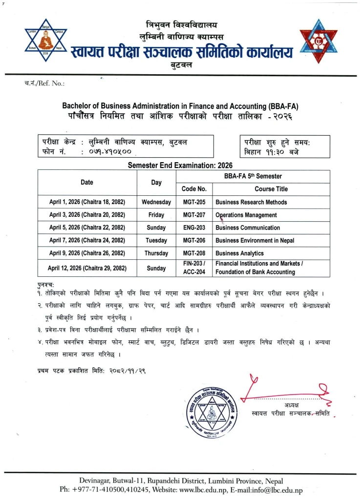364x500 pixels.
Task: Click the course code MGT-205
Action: [x=194, y=202]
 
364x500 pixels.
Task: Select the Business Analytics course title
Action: [x=239, y=253]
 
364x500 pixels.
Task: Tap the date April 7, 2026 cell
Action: [x=87, y=241]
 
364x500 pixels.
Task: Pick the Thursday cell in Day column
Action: [x=156, y=253]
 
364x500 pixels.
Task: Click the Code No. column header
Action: [x=194, y=189]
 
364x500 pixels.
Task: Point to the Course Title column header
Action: [x=271, y=189]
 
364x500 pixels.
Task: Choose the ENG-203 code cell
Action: [x=194, y=228]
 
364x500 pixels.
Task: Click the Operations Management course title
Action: [x=246, y=215]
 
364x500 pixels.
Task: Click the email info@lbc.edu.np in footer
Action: [x=278, y=489]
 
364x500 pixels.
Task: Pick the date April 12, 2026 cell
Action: [x=87, y=268]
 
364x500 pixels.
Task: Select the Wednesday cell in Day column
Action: [x=156, y=202]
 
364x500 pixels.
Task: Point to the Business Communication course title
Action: [x=248, y=228]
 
